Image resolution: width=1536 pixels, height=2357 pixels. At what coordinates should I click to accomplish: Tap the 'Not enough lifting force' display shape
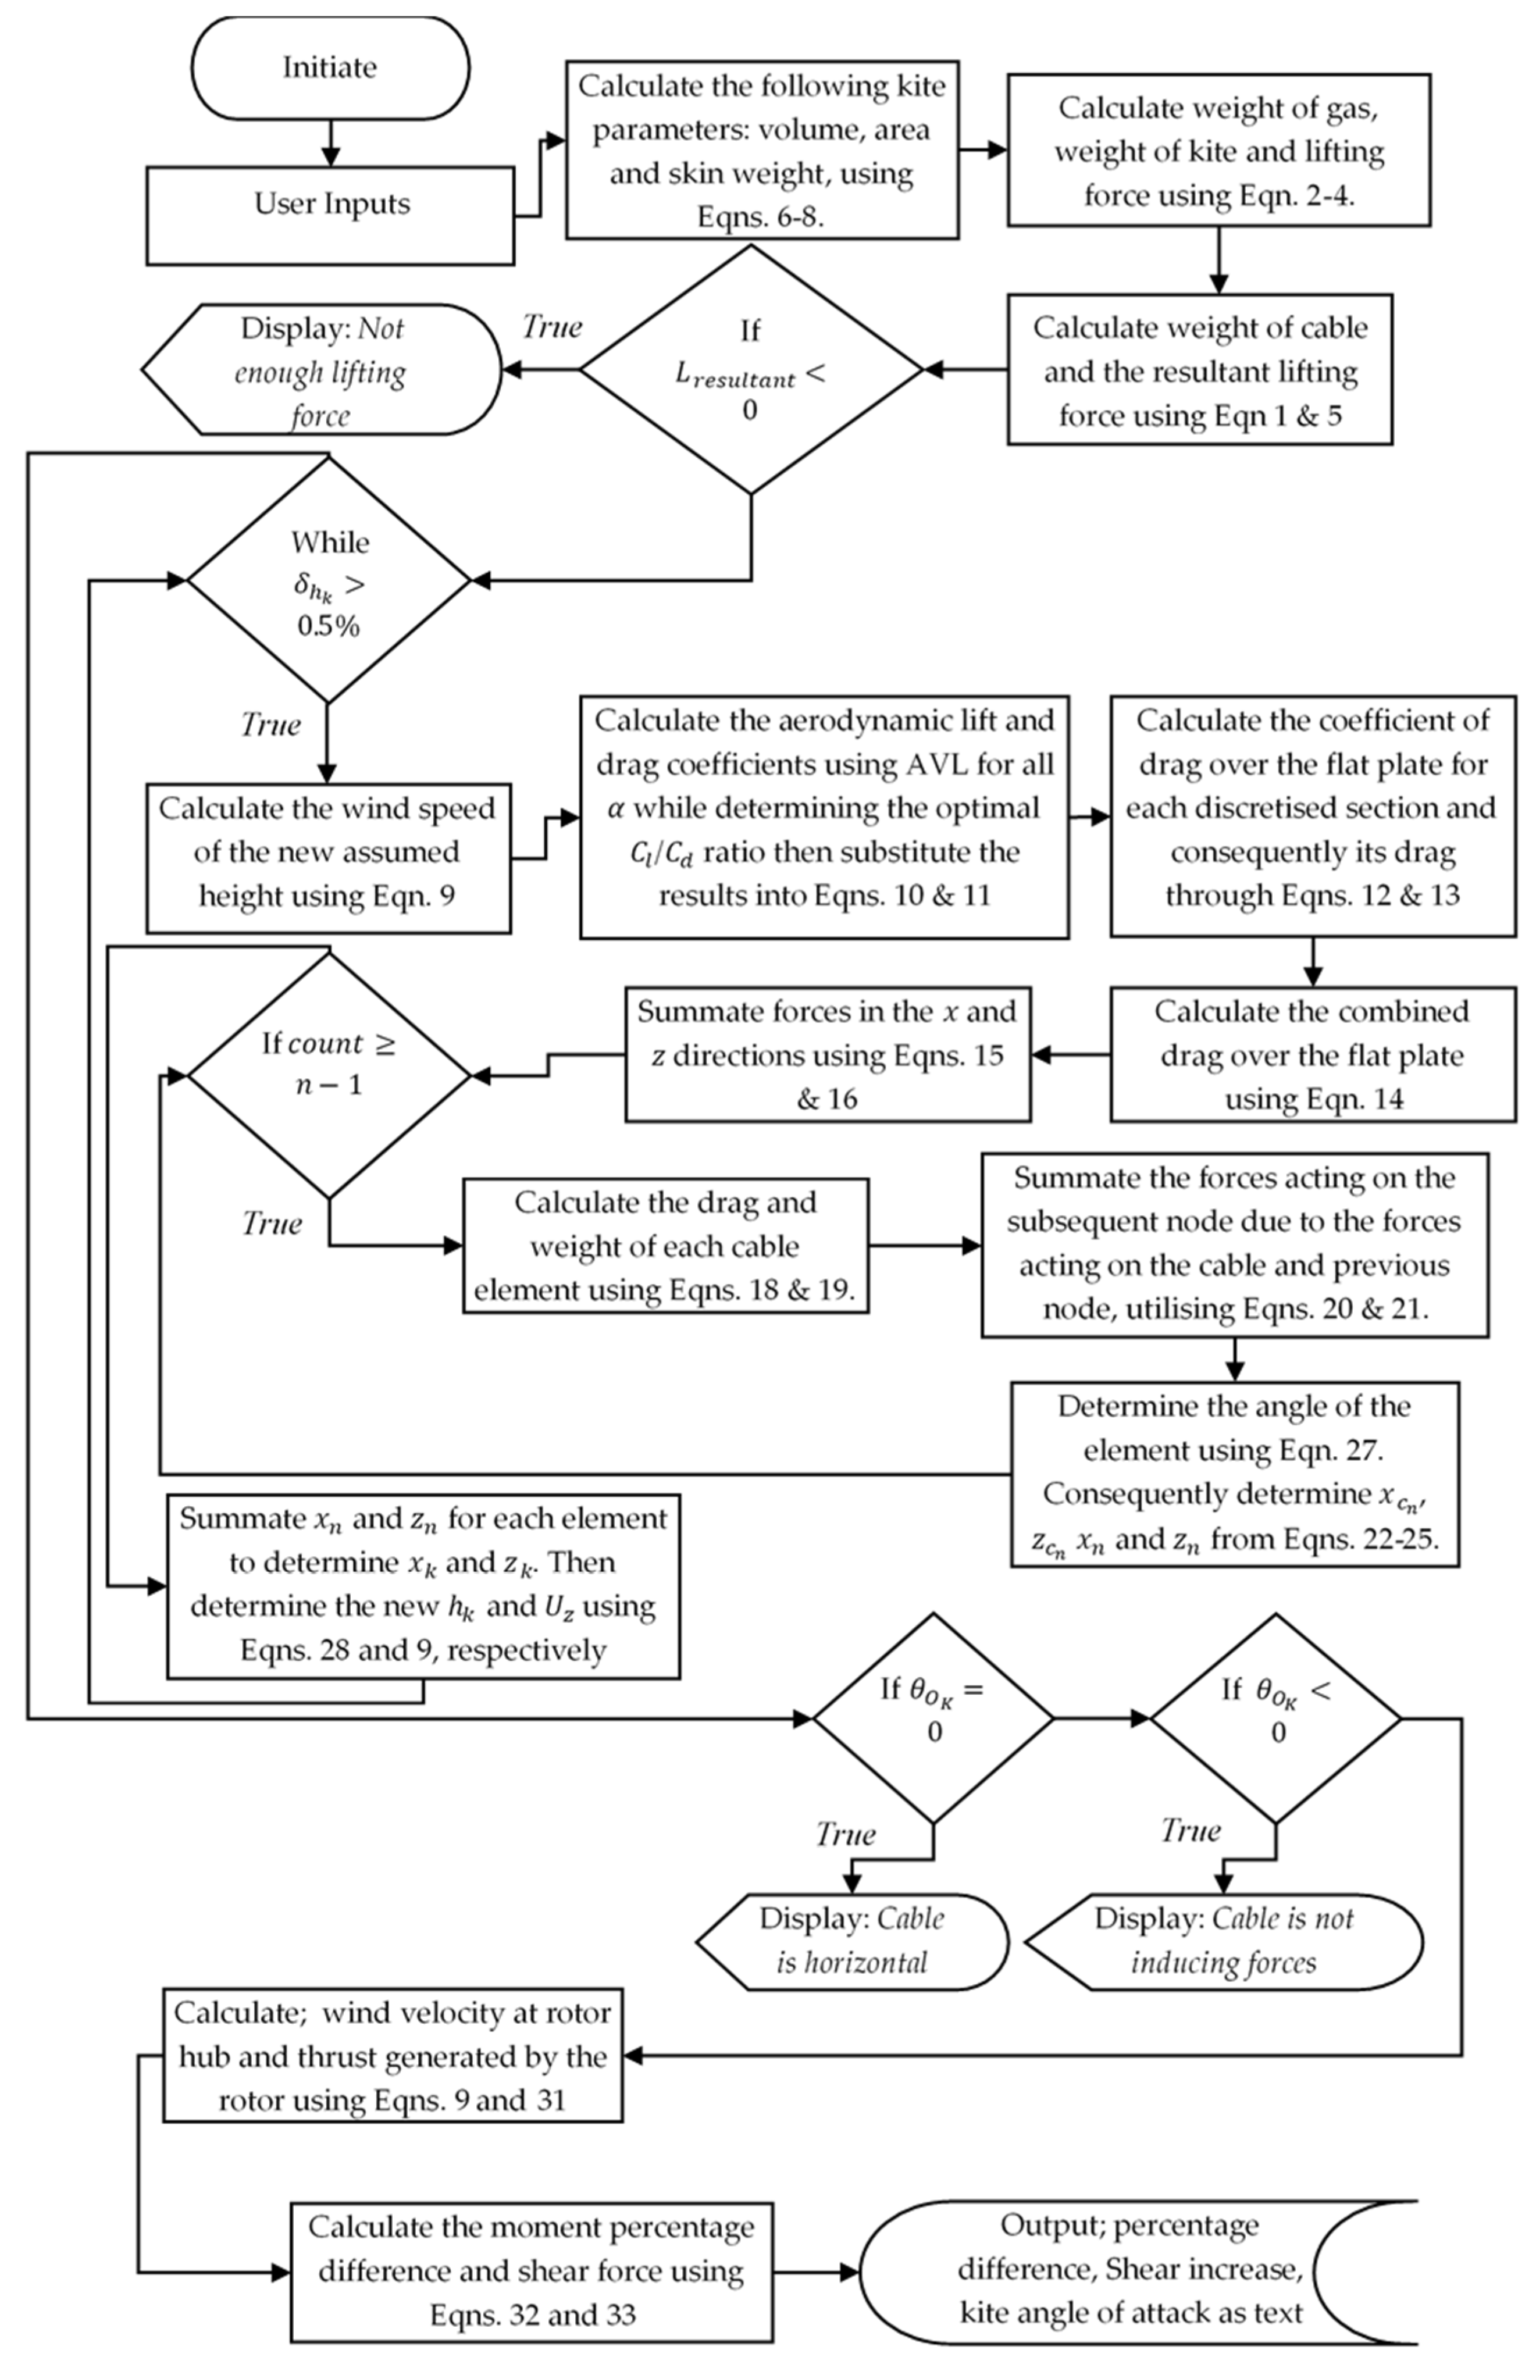[x=322, y=369]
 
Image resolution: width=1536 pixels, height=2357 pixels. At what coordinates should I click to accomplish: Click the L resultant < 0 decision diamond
[x=751, y=369]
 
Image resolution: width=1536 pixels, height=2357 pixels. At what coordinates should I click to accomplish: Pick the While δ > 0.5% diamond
[x=329, y=580]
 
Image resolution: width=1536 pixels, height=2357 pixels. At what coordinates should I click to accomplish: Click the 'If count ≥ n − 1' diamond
[x=329, y=1075]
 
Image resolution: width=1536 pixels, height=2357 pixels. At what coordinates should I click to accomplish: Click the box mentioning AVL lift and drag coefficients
[x=824, y=817]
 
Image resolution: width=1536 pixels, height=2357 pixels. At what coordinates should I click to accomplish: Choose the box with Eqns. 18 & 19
[x=665, y=1246]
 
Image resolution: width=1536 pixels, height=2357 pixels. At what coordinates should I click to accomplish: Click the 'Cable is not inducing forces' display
[x=1224, y=1942]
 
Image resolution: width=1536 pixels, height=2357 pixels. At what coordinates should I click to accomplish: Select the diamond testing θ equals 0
[x=933, y=1718]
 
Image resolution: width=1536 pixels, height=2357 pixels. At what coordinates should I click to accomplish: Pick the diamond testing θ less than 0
[x=1275, y=1718]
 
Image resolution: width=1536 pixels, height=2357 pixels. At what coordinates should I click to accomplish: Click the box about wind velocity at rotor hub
[x=393, y=2056]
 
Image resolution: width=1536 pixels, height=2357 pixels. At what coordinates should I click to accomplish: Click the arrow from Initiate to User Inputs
[x=331, y=142]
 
